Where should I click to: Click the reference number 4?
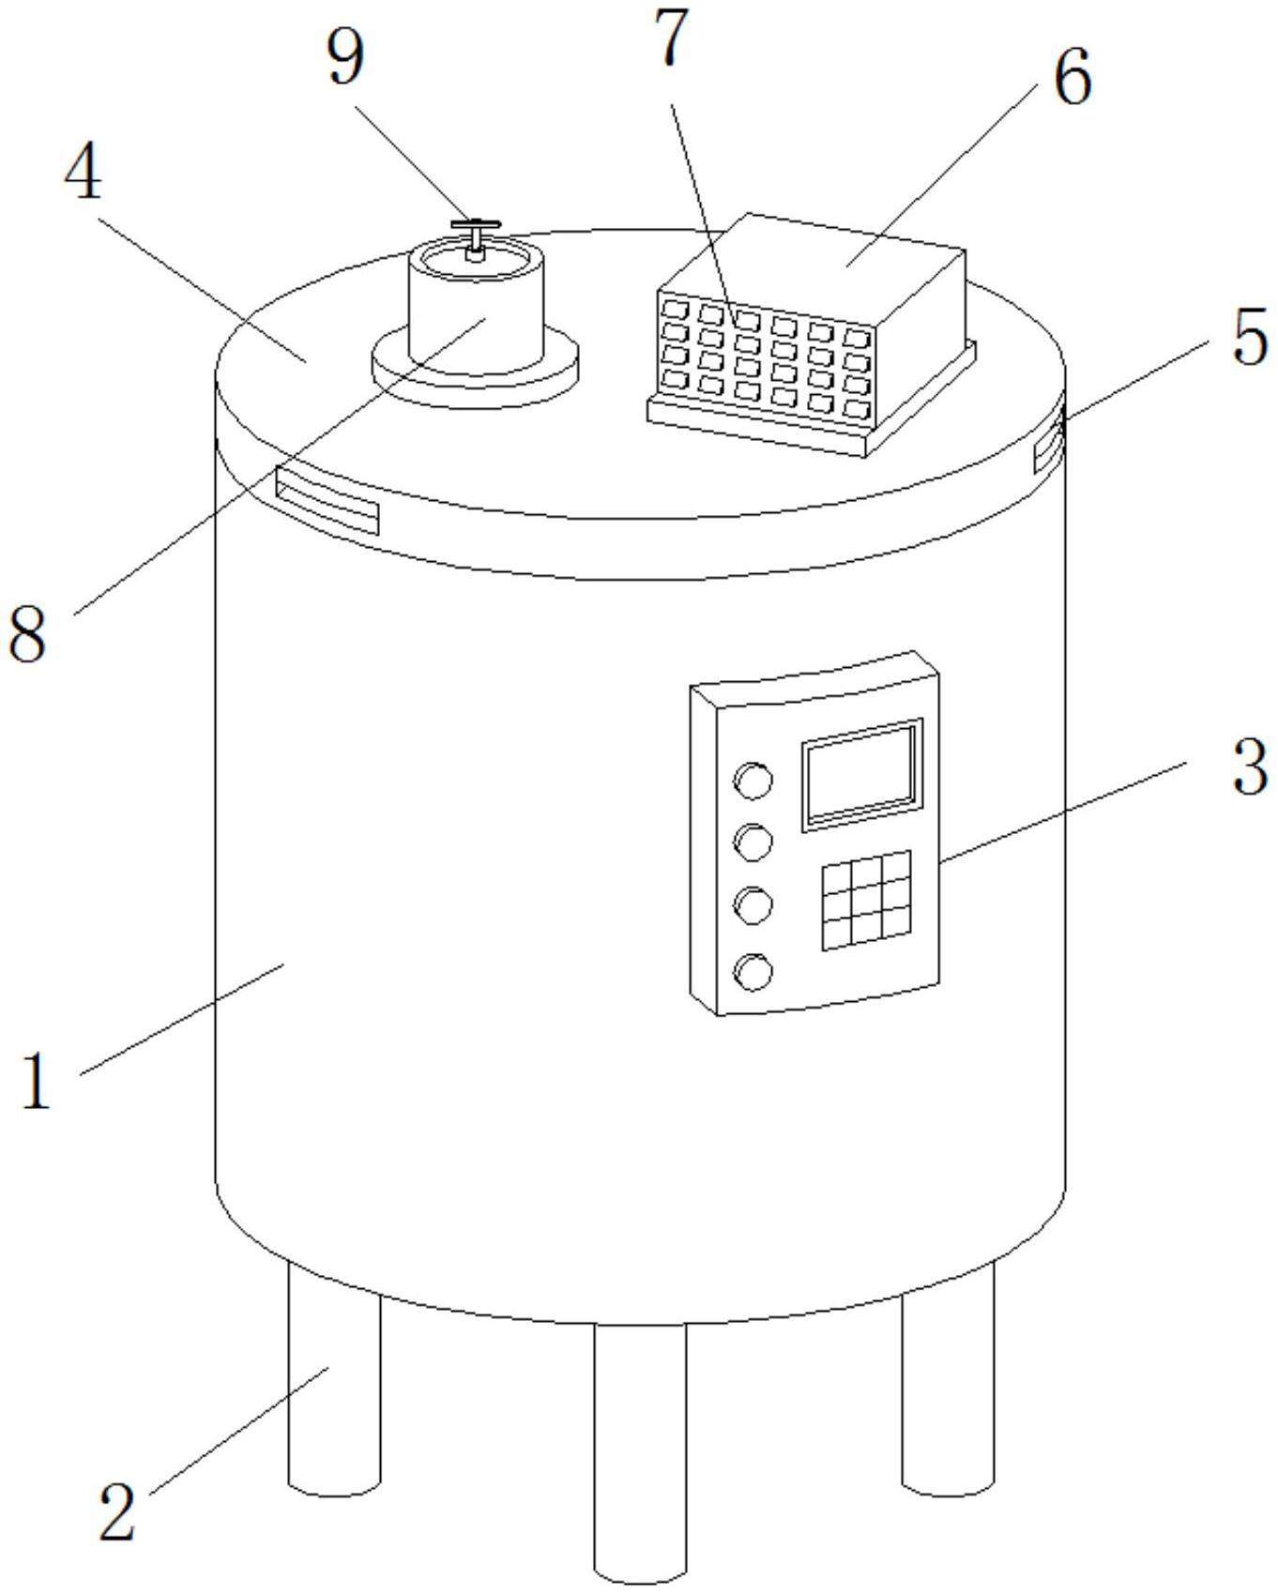point(84,174)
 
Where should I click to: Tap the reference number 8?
point(27,635)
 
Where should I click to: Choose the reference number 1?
point(36,1081)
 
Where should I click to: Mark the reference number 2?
point(117,1511)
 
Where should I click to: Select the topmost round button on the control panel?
point(753,780)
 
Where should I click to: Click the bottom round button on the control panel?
point(753,972)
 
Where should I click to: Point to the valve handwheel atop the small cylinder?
point(476,226)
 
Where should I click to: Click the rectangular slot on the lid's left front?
point(327,499)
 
